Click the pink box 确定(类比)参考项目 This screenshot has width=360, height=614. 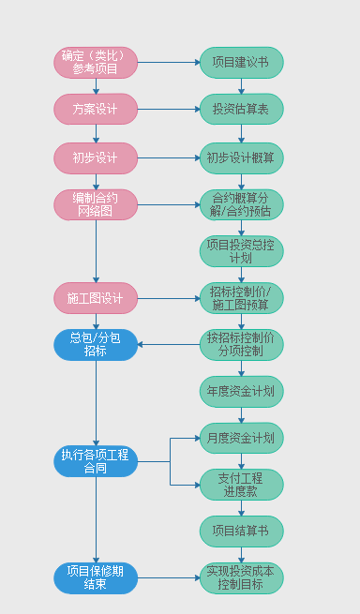pyautogui.click(x=96, y=63)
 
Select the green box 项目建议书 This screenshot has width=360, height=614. pyautogui.click(x=241, y=63)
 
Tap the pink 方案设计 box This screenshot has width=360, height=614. pyautogui.click(x=96, y=110)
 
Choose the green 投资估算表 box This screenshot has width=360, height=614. pyautogui.click(x=241, y=110)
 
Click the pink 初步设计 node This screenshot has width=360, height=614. pyautogui.click(x=96, y=157)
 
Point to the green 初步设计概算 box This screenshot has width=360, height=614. pyautogui.click(x=241, y=157)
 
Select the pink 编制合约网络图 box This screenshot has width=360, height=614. pyautogui.click(x=96, y=205)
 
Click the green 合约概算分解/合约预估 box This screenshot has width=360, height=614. pyautogui.click(x=241, y=205)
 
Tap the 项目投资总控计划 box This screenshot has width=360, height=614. pyautogui.click(x=241, y=251)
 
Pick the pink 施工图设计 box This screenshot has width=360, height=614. pyautogui.click(x=96, y=298)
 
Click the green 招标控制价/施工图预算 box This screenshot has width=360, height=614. pyautogui.click(x=241, y=298)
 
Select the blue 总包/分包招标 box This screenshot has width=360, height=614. pyautogui.click(x=96, y=344)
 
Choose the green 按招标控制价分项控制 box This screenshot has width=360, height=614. pyautogui.click(x=241, y=344)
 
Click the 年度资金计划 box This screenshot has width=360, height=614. pyautogui.click(x=241, y=391)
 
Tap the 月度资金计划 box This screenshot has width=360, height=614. pyautogui.click(x=241, y=438)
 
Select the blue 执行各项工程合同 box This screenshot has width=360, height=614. pyautogui.click(x=96, y=461)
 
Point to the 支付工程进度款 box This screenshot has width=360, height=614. pyautogui.click(x=241, y=484)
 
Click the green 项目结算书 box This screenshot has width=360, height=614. pyautogui.click(x=241, y=531)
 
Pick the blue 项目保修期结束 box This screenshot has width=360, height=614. pyautogui.click(x=96, y=577)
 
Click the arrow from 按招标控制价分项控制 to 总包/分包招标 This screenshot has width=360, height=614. pyautogui.click(x=169, y=344)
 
